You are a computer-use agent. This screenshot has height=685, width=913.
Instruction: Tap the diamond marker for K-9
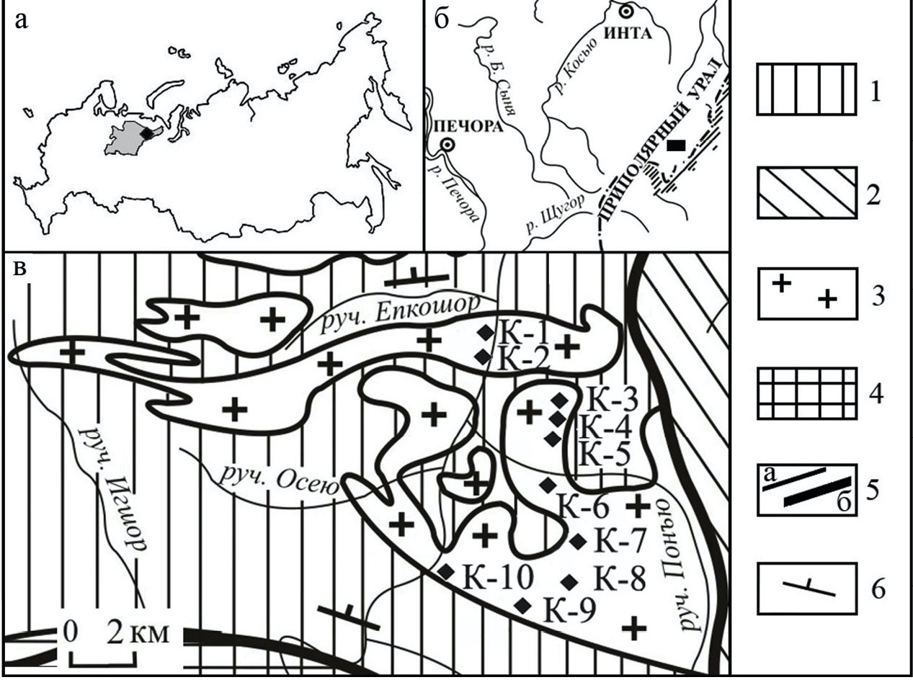[523, 605]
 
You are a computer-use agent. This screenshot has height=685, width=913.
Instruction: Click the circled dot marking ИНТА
[625, 12]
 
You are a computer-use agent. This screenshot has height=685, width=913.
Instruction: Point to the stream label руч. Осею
[278, 481]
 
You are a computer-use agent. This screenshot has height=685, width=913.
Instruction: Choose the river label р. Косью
[574, 65]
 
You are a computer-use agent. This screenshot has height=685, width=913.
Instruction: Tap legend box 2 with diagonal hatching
[806, 192]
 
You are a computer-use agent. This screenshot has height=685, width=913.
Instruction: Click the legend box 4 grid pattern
[806, 393]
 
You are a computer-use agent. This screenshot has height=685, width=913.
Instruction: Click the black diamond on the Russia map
[146, 133]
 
